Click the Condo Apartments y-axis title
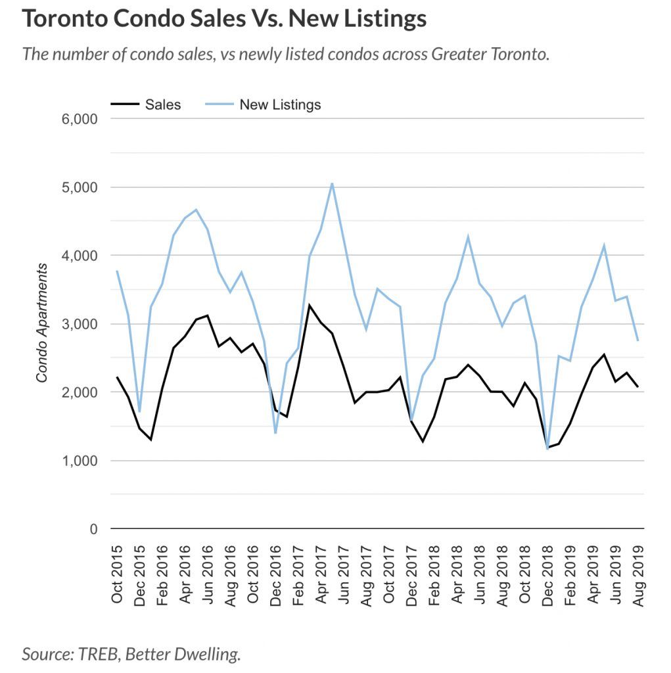[42, 323]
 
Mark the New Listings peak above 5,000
[333, 183]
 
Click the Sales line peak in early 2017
[310, 305]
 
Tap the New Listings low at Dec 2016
[275, 433]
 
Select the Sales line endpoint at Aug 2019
[638, 387]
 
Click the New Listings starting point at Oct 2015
[117, 271]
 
